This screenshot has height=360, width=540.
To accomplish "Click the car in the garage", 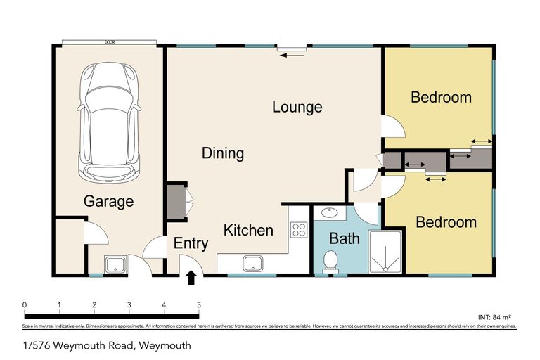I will pos(110,122).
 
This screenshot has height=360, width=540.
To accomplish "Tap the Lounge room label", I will pos(297,108).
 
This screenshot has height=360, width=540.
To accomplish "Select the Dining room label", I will pos(222,153).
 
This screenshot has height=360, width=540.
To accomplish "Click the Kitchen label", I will pos(248,230).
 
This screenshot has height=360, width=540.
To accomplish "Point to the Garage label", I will pos(108,202).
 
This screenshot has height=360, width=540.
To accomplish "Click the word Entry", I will pos(191,244).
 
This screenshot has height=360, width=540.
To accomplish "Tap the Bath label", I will pos(345,239).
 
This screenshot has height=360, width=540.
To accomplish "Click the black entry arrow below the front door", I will pos(191,278).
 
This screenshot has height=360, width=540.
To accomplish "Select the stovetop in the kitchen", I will pos(299,229).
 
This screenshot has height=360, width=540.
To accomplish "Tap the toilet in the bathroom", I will pos(329,262).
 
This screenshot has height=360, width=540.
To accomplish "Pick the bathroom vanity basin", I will pos(328,212).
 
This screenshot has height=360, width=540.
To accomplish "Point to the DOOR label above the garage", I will pos(110,42).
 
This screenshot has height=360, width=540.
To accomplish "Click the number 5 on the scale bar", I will pos(199,304).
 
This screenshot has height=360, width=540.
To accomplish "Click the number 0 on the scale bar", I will pos(25,304).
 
